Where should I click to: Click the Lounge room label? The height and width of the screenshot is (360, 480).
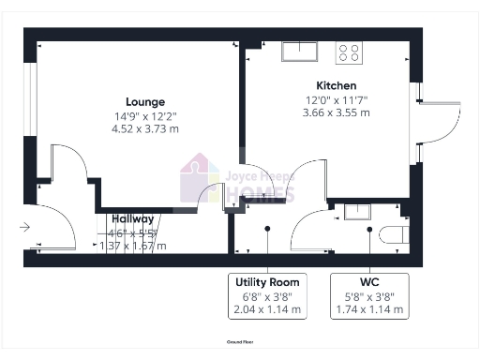tap(145, 102)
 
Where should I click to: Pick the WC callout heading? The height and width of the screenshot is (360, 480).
tap(369, 282)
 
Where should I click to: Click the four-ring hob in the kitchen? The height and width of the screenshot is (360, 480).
tap(351, 53)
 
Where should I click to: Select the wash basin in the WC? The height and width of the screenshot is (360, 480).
tap(357, 211)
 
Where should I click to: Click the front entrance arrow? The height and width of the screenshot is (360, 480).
tap(23, 226)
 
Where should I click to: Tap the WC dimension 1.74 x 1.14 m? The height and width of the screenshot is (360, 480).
tap(369, 308)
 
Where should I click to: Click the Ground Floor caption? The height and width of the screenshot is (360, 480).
tap(240, 343)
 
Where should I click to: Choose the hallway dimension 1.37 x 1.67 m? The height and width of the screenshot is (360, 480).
tap(133, 246)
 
